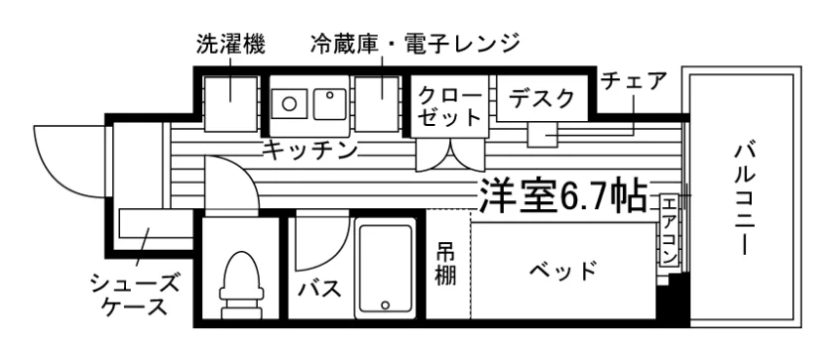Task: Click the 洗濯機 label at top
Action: tap(230, 44)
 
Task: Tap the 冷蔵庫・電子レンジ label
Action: tap(415, 44)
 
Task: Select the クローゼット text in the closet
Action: tap(449, 106)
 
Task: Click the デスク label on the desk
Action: tap(541, 98)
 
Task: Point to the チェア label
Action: tap(634, 81)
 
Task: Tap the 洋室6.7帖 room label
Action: tap(563, 194)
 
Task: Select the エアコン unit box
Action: tap(669, 230)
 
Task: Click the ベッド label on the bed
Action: tap(563, 272)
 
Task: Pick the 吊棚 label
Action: tap(446, 264)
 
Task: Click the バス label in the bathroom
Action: tap(318, 290)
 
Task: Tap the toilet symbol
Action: tap(242, 284)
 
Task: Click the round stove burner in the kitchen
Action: tap(289, 103)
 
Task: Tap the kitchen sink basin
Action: tap(330, 104)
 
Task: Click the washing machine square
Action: tap(231, 104)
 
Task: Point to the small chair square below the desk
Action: tap(542, 134)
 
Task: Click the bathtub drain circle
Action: tap(385, 305)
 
